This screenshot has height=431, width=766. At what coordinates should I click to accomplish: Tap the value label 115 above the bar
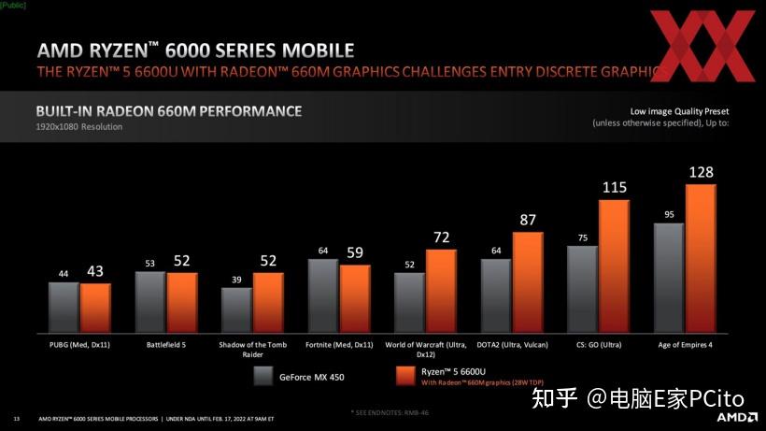[614, 187]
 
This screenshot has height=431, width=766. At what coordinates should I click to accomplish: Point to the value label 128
[701, 172]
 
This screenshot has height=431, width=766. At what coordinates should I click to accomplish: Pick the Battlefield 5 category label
[165, 344]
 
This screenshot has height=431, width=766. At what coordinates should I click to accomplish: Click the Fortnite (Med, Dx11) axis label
[339, 344]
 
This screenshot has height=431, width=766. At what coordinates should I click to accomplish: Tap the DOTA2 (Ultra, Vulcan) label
[511, 344]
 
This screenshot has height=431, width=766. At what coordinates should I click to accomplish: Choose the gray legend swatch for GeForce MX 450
[262, 377]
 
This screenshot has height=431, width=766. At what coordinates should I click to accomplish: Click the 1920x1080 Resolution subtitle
[79, 126]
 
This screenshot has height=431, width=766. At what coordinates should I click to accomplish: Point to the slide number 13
[17, 417]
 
